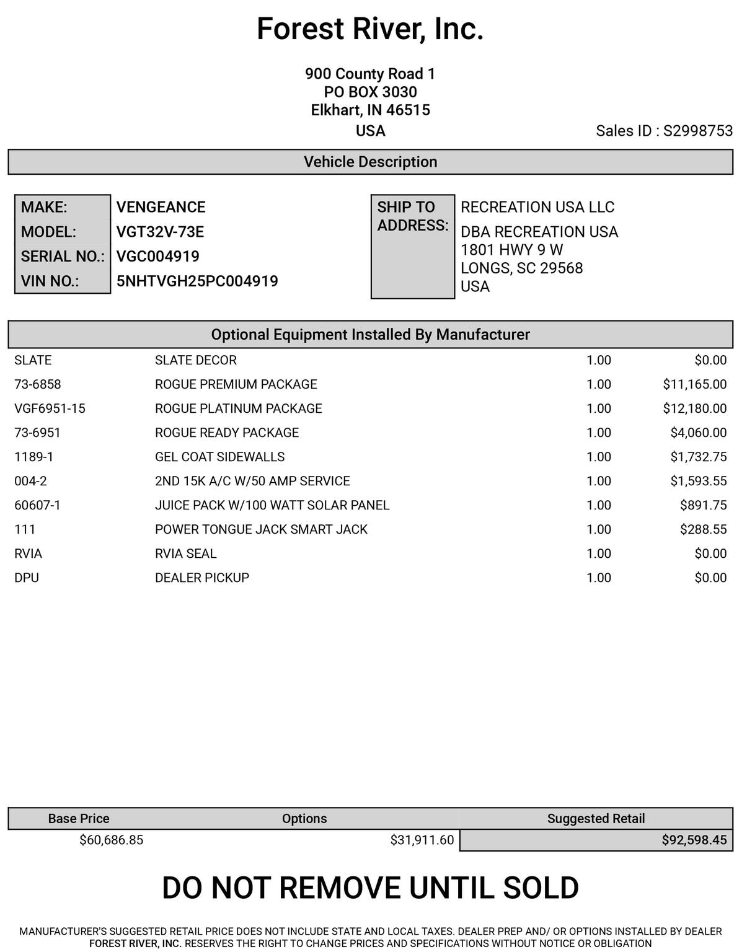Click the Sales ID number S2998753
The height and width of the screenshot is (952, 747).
point(697,131)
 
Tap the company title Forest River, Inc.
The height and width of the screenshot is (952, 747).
point(370,29)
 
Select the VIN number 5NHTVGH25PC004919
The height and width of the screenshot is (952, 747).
point(197,281)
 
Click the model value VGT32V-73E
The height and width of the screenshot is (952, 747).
point(160,232)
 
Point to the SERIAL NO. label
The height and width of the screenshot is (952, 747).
point(63,257)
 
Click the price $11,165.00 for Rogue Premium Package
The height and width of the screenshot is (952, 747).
point(694,384)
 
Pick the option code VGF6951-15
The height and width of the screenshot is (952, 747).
point(50,408)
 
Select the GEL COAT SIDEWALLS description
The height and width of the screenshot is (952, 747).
point(219,457)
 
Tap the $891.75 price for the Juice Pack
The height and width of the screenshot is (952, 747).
point(703,505)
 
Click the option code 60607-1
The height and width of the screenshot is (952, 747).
point(37,505)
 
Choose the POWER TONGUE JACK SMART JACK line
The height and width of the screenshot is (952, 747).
point(261,529)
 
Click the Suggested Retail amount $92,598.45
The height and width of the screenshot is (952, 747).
point(694,840)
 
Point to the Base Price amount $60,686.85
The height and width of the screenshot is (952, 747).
point(111,840)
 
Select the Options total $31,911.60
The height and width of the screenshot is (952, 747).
point(422,840)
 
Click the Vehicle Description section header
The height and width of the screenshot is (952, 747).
point(370,162)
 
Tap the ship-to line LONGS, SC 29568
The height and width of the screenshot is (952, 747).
point(521,268)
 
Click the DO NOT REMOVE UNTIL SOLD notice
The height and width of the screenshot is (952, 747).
point(370,888)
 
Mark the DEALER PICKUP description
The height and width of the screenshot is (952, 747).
point(201,578)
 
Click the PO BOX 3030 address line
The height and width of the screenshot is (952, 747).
point(370,92)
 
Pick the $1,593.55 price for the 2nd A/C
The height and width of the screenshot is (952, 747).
point(698,481)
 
